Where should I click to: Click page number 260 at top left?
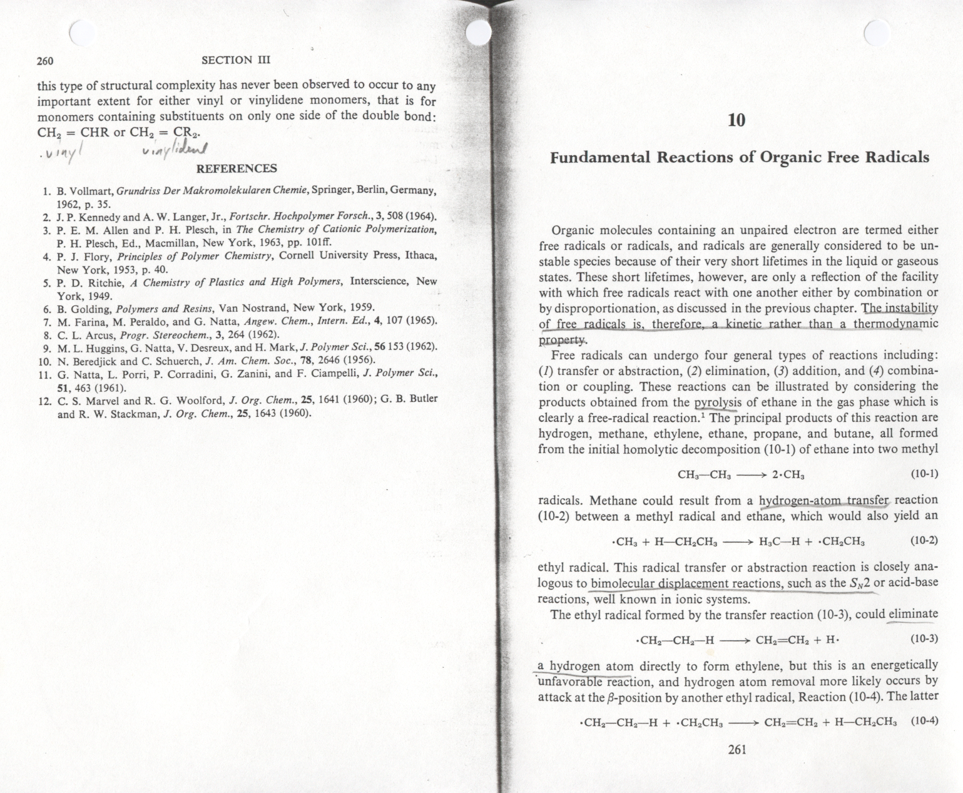click(45, 61)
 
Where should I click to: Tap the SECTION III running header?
click(236, 60)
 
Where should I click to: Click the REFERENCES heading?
click(237, 168)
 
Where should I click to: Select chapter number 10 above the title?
click(737, 120)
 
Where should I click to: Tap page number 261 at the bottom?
click(738, 749)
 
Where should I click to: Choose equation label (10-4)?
click(924, 720)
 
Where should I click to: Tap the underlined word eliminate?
click(913, 614)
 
